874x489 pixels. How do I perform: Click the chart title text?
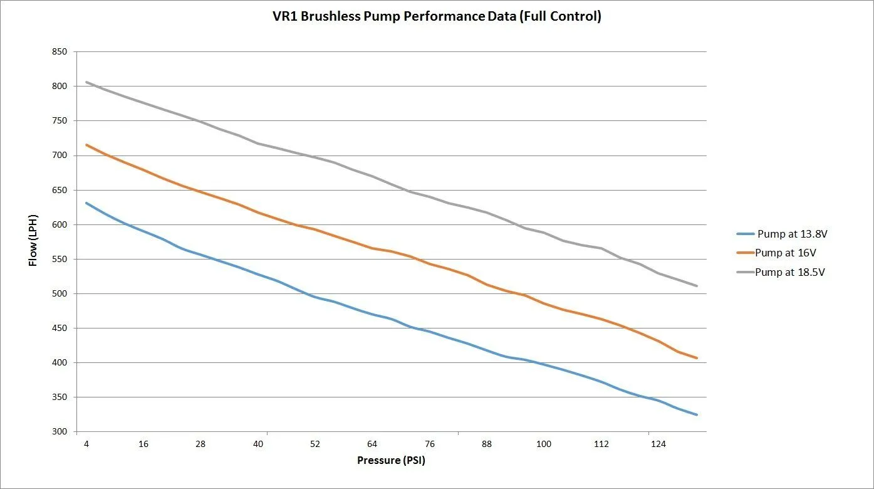point(437,16)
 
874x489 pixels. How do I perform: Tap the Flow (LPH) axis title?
point(33,241)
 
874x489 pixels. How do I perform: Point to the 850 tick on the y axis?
point(60,52)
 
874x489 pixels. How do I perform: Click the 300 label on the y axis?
point(60,432)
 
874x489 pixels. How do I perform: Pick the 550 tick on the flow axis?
point(60,259)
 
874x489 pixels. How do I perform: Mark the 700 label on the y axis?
point(60,155)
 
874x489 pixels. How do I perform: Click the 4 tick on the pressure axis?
point(86,444)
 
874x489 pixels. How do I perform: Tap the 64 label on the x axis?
point(372,444)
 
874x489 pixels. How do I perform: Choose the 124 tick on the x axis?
point(658,444)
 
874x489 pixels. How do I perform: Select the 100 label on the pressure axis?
point(543,444)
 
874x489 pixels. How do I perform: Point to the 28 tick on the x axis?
point(200,444)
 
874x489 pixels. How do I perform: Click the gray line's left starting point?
point(86,82)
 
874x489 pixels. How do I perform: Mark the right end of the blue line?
point(697,414)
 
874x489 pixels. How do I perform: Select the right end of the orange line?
point(697,358)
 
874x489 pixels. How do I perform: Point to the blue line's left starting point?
point(86,203)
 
